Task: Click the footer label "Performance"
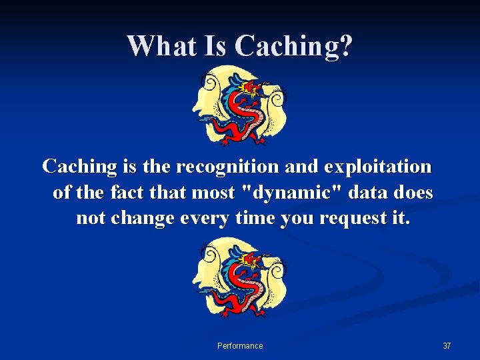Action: [x=240, y=346]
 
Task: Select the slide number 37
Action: [x=447, y=346]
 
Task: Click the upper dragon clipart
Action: [x=240, y=105]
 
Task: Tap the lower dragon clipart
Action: [x=240, y=280]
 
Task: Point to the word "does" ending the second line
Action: [x=413, y=193]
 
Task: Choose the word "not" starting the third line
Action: [x=90, y=219]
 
